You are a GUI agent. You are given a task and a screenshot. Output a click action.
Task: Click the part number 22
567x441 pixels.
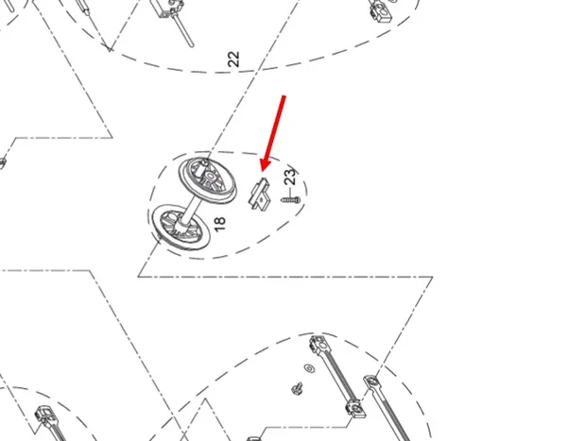(x=234, y=59)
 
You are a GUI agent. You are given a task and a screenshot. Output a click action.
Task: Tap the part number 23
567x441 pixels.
(x=290, y=177)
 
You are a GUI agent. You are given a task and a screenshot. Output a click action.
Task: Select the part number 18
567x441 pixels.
(x=219, y=224)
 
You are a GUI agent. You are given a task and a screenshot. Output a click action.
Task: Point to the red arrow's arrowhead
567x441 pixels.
(x=266, y=164)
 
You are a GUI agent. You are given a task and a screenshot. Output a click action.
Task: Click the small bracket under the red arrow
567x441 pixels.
(x=260, y=195)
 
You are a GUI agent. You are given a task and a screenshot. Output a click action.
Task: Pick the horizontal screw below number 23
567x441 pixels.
(x=290, y=199)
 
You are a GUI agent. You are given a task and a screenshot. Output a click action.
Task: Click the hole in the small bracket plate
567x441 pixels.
(x=262, y=199)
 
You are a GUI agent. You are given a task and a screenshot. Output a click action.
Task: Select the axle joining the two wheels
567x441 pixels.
(x=191, y=211)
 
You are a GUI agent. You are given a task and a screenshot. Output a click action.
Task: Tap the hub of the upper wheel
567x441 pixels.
(x=211, y=178)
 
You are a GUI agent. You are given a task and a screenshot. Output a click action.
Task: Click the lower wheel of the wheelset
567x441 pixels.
(x=180, y=228)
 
